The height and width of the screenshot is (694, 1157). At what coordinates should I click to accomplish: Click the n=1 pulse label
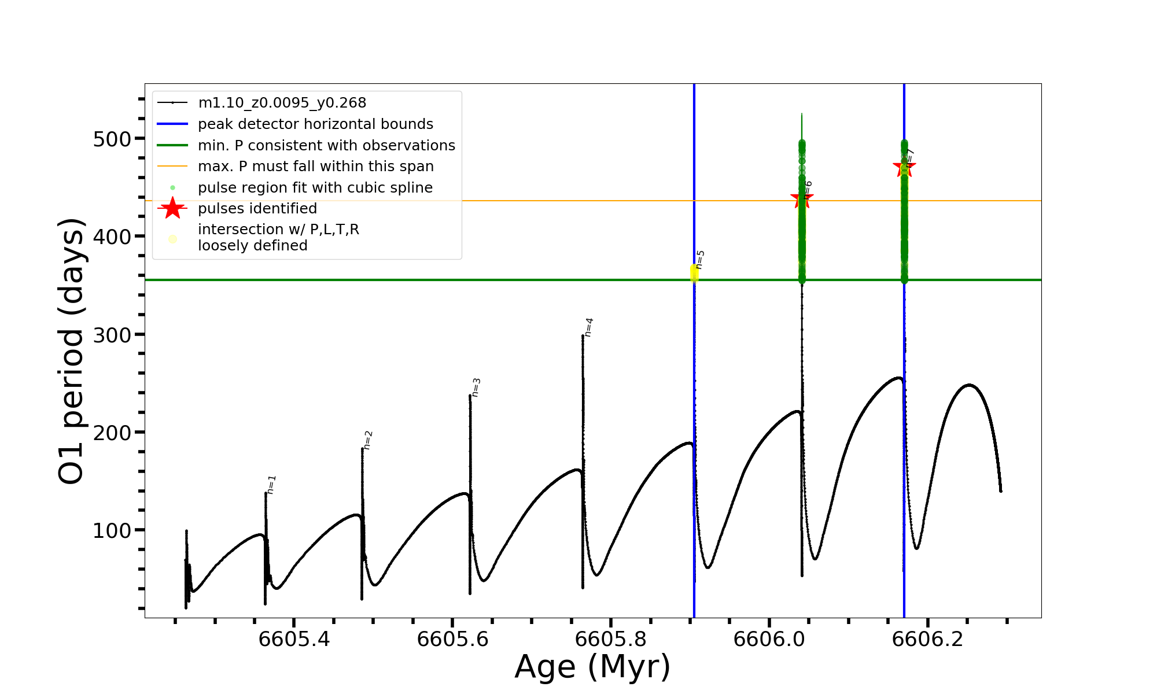[x=271, y=485]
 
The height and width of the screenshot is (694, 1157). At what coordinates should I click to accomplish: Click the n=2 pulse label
[x=368, y=440]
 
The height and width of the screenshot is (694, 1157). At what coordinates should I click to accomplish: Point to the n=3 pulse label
[x=476, y=387]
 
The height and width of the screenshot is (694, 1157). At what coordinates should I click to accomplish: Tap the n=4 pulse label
[x=588, y=327]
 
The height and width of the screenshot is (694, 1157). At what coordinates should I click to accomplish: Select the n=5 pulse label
[x=700, y=260]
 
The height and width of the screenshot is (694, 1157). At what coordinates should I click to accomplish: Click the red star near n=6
[x=801, y=199]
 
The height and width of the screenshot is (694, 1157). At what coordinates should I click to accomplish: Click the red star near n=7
[x=904, y=168]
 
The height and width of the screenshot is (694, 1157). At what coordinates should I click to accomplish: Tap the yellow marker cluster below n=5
[x=694, y=273]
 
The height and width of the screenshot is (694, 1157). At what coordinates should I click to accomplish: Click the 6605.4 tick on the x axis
[x=294, y=639]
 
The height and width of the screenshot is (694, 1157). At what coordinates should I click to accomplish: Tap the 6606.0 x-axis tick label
[x=769, y=639]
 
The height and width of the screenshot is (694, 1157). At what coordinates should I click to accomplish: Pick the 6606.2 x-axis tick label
[x=928, y=639]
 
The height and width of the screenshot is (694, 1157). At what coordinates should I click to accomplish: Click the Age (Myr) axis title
[x=592, y=667]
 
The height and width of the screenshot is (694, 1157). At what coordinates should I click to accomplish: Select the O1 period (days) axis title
[x=72, y=351]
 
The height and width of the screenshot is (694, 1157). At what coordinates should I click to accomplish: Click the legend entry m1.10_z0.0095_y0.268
[x=282, y=103]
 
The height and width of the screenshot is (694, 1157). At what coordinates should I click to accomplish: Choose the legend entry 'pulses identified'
[x=257, y=209]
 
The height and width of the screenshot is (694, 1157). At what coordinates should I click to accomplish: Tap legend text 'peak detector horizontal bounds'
[x=315, y=124]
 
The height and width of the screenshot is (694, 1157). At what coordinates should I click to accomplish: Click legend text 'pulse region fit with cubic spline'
[x=315, y=188]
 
